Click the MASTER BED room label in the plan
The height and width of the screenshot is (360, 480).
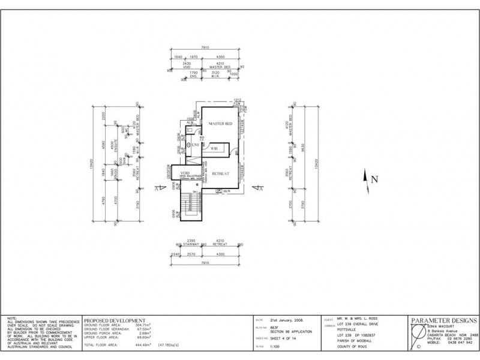coord(220,124)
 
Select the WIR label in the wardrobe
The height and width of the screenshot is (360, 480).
coord(214,147)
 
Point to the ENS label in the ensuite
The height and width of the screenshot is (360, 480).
coord(195,145)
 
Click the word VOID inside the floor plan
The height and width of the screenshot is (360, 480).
coord(185,172)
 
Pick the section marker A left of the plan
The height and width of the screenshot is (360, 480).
coord(158,188)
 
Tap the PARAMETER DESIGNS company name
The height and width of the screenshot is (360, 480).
coord(443,320)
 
